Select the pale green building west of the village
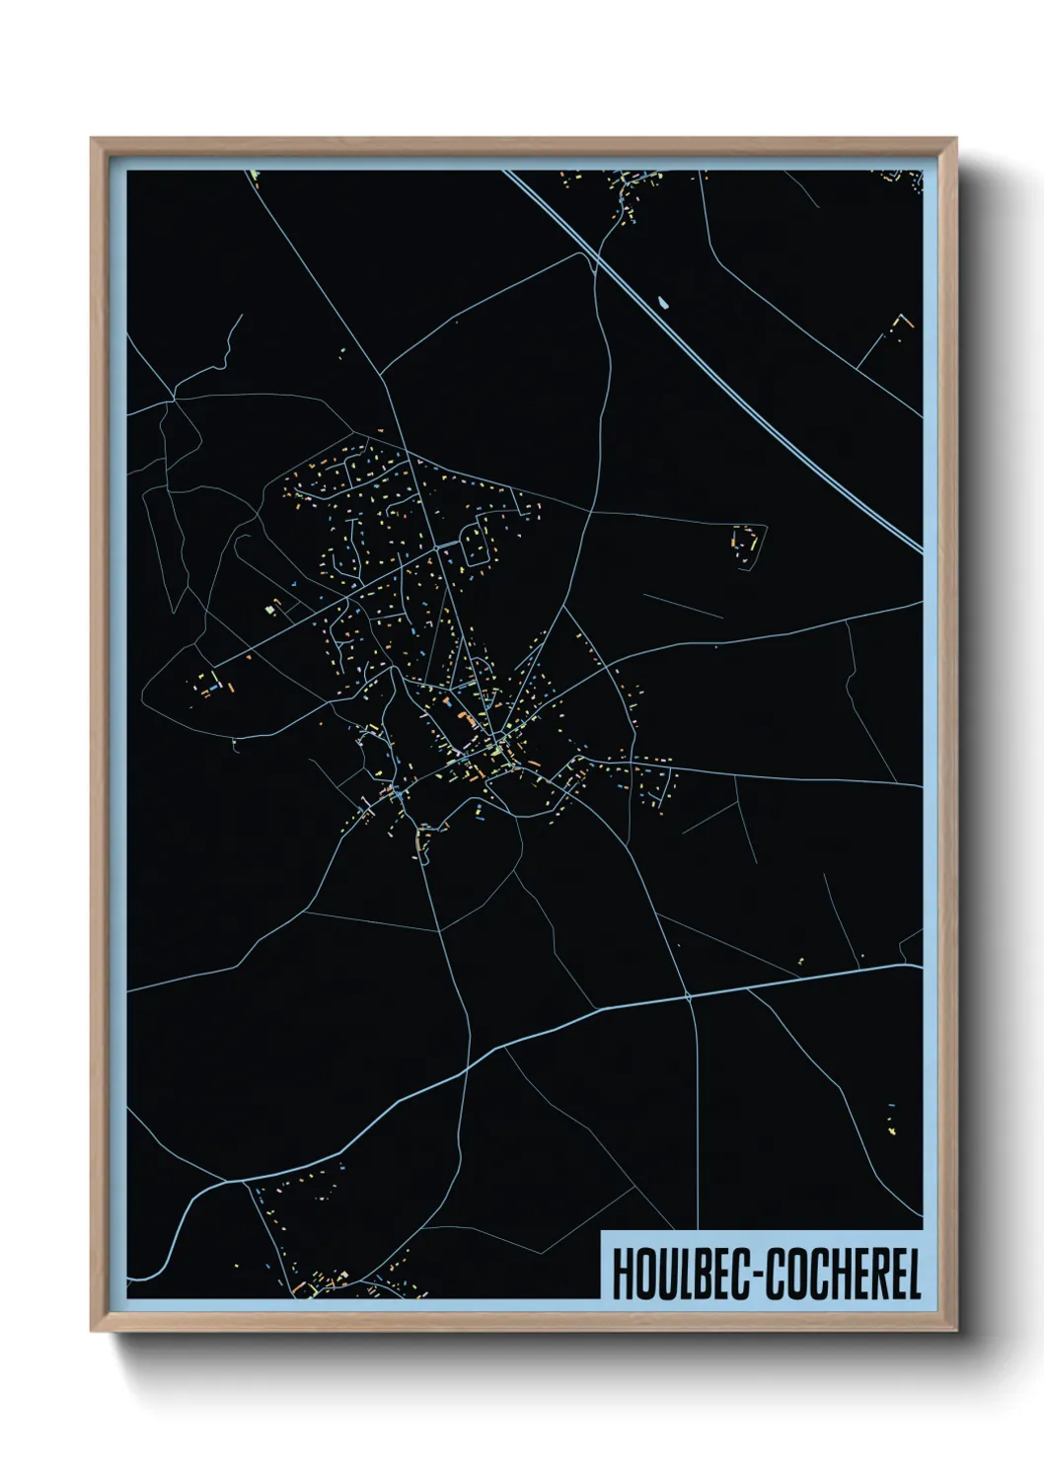[269, 611]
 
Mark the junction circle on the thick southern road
[689, 997]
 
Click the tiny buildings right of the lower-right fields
[892, 1120]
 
